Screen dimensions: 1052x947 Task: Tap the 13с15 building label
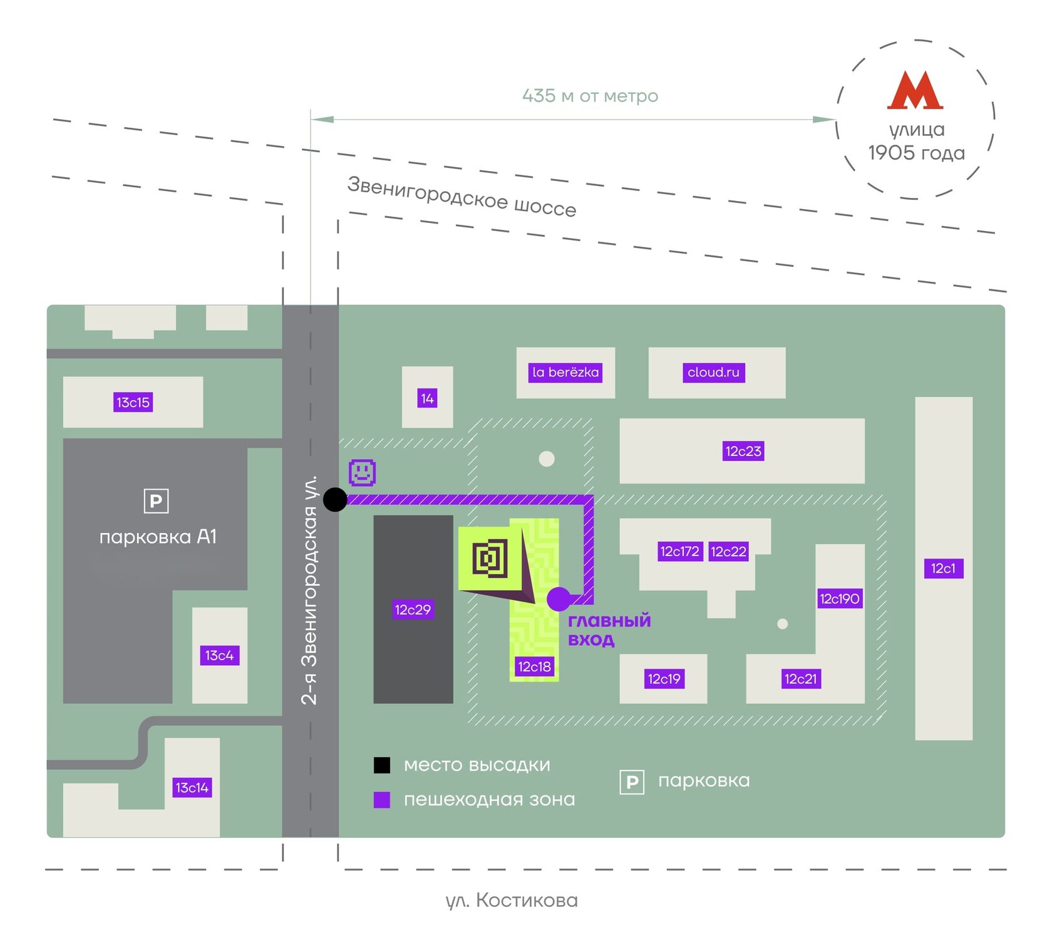[133, 402]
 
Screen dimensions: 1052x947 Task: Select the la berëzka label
[565, 372]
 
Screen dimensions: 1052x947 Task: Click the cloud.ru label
[713, 372]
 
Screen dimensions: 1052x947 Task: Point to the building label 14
[427, 398]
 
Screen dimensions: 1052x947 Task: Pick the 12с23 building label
[743, 451]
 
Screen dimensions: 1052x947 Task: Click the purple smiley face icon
[362, 472]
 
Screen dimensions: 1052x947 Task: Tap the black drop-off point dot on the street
[335, 500]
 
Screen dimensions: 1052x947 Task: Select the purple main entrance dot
[559, 599]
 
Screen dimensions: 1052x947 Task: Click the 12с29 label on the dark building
[413, 609]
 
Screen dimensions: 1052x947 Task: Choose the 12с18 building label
[534, 666]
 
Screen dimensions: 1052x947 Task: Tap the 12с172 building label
[680, 551]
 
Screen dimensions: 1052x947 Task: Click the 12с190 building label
[840, 599]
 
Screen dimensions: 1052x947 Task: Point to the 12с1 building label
[943, 568]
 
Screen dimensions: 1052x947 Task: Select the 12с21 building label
[800, 678]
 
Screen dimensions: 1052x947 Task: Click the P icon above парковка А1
[156, 501]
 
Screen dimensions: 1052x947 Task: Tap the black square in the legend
[382, 765]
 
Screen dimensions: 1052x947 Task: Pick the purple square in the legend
[382, 800]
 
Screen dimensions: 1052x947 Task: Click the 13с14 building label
[192, 787]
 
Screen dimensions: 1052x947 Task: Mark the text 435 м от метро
[590, 96]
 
